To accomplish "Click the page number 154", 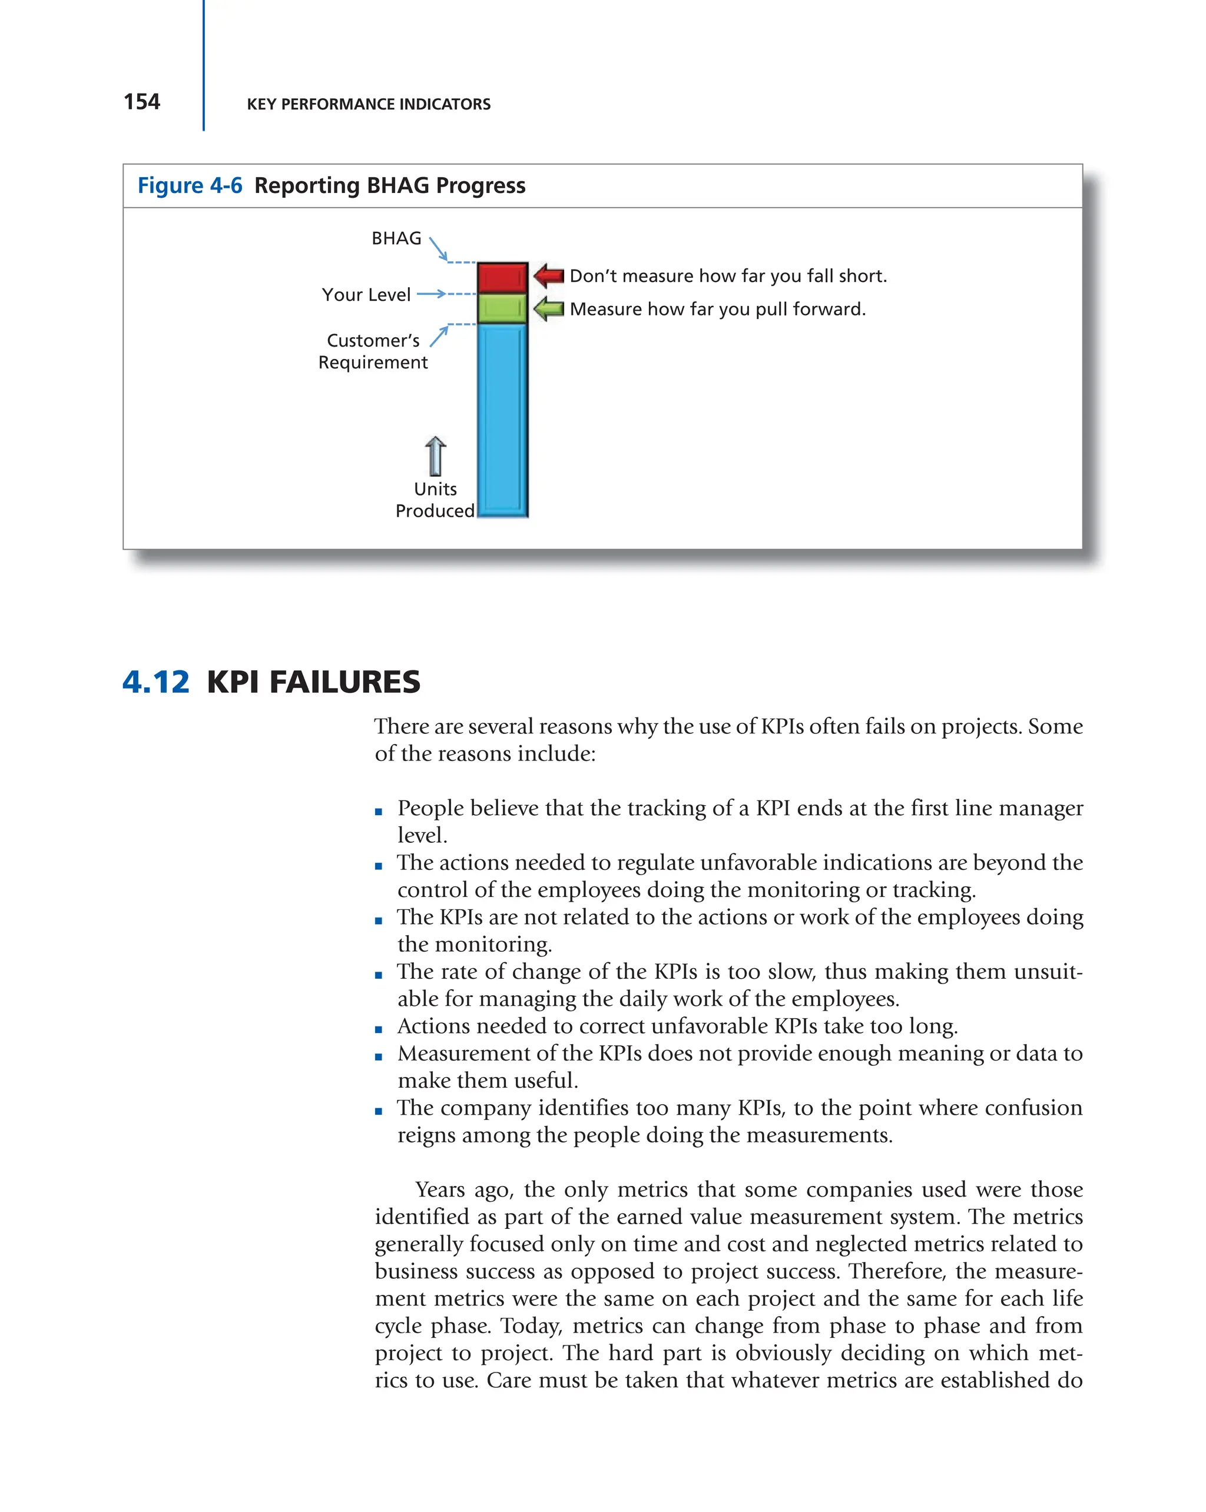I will [142, 102].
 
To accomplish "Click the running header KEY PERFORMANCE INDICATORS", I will [368, 105].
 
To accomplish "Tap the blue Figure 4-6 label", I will [190, 186].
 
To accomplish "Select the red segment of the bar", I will [502, 278].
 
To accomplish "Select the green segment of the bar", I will [502, 308].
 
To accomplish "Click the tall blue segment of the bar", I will [502, 421].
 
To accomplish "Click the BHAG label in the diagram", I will [396, 238].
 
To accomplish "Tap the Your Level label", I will [366, 294].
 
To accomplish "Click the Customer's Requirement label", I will [373, 351].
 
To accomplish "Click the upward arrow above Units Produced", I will [435, 456].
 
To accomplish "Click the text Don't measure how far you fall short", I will [727, 276].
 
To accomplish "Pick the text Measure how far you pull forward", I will [717, 309].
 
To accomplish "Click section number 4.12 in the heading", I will [155, 682].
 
